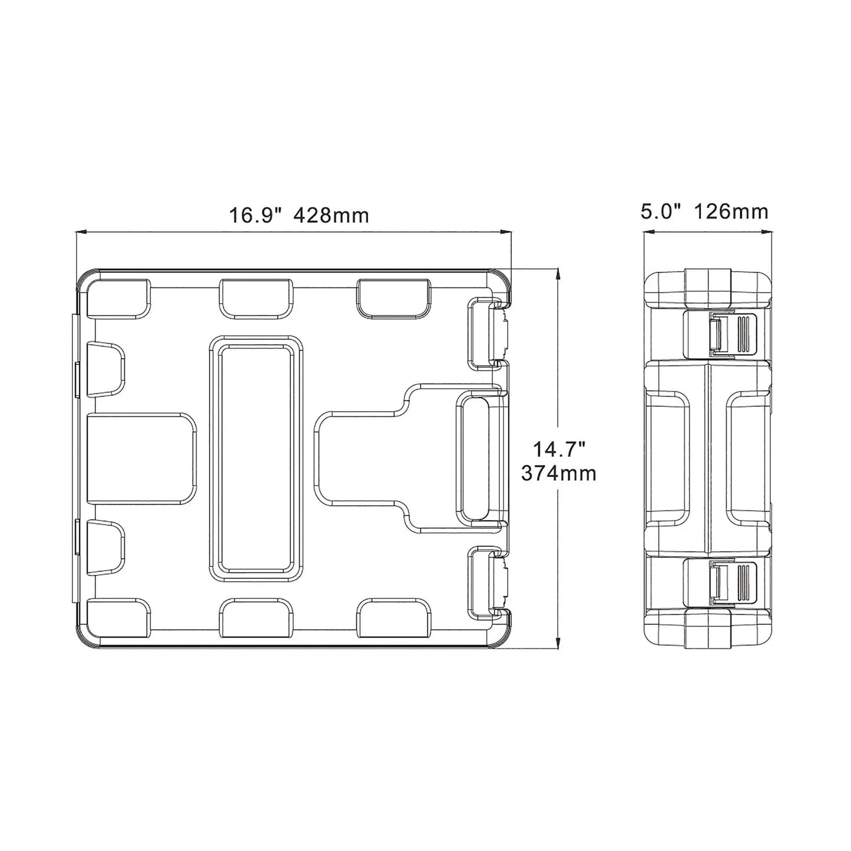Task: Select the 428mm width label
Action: (x=331, y=216)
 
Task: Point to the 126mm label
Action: (x=731, y=211)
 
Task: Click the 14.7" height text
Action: (x=559, y=451)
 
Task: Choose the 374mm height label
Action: (x=559, y=474)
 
